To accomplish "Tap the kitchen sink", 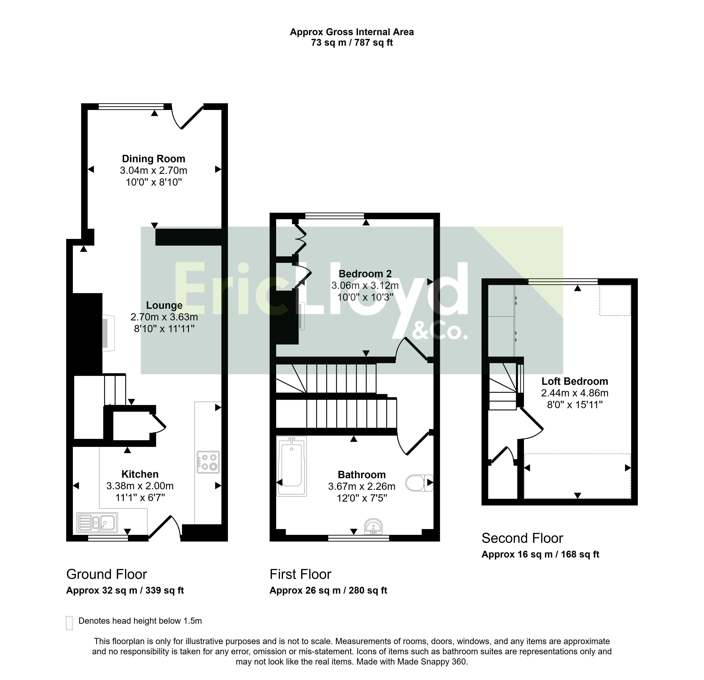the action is point(97,523).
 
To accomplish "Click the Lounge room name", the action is point(164,306).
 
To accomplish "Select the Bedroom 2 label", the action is point(365,274).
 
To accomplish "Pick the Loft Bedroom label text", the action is point(575,381).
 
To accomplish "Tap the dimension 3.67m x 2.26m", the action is point(362,486).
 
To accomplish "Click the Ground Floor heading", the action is point(107,574).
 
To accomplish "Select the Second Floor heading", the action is point(522,538).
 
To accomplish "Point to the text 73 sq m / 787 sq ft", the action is point(352,43).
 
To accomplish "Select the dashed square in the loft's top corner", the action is point(615,301).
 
